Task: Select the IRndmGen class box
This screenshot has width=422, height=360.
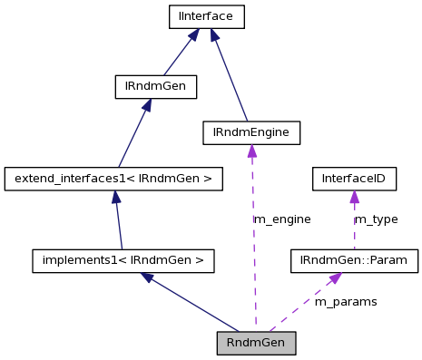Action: coord(155,87)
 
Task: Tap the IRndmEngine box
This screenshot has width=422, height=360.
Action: coord(250,133)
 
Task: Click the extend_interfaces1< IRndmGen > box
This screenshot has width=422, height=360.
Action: coord(113,179)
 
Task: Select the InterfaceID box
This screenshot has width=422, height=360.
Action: coord(354,179)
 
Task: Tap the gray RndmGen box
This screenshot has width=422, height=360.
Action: coord(256,343)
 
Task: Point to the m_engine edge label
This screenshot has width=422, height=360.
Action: coord(281,219)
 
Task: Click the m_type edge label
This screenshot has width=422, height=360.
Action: coord(376,219)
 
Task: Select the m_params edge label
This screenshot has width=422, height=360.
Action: coord(345,301)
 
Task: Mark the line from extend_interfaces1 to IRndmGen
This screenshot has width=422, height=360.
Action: coord(132,136)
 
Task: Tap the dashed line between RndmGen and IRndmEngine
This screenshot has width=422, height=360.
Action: coord(254,245)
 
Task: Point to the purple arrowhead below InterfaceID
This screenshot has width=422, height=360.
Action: coord(354,197)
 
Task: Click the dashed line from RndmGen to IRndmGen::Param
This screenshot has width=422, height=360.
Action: coord(299,306)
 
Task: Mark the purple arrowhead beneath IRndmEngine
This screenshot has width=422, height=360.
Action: coord(251,151)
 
